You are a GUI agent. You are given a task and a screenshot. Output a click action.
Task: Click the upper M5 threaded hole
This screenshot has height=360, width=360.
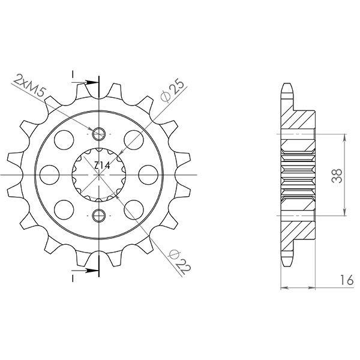99,133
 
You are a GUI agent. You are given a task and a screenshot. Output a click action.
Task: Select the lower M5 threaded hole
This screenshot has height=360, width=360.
99,214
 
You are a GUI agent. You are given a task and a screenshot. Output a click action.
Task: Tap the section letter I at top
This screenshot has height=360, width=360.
73,74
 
